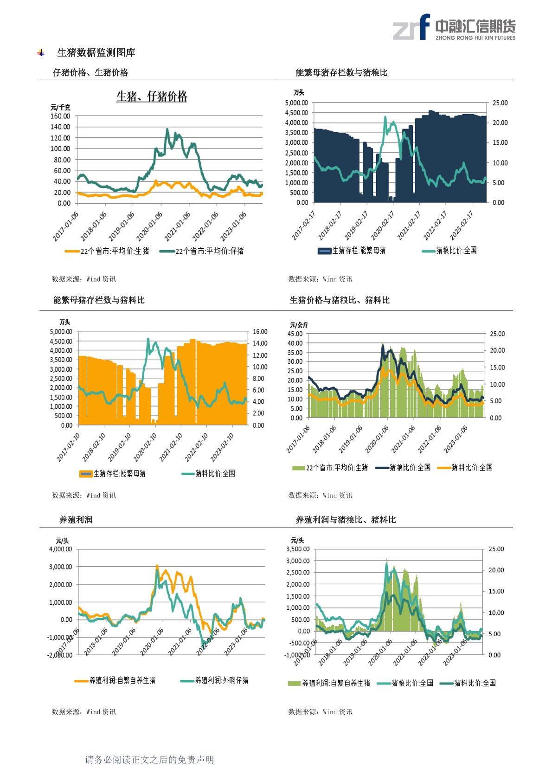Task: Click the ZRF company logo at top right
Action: point(454,27)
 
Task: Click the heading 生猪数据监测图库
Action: point(96,53)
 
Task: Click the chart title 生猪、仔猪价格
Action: point(152,97)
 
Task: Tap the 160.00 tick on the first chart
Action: point(60,116)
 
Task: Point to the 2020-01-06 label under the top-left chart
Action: point(150,226)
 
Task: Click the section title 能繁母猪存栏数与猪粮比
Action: point(341,72)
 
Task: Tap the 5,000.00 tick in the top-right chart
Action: point(296,103)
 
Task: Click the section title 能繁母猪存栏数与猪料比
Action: point(99,300)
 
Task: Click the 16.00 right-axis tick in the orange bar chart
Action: point(260,332)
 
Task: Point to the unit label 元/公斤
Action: point(299,325)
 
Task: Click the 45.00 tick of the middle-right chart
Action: point(295,334)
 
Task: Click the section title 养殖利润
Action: point(76,520)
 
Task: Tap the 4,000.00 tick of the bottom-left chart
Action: point(61,549)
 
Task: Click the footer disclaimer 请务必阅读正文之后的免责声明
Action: point(149,760)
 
